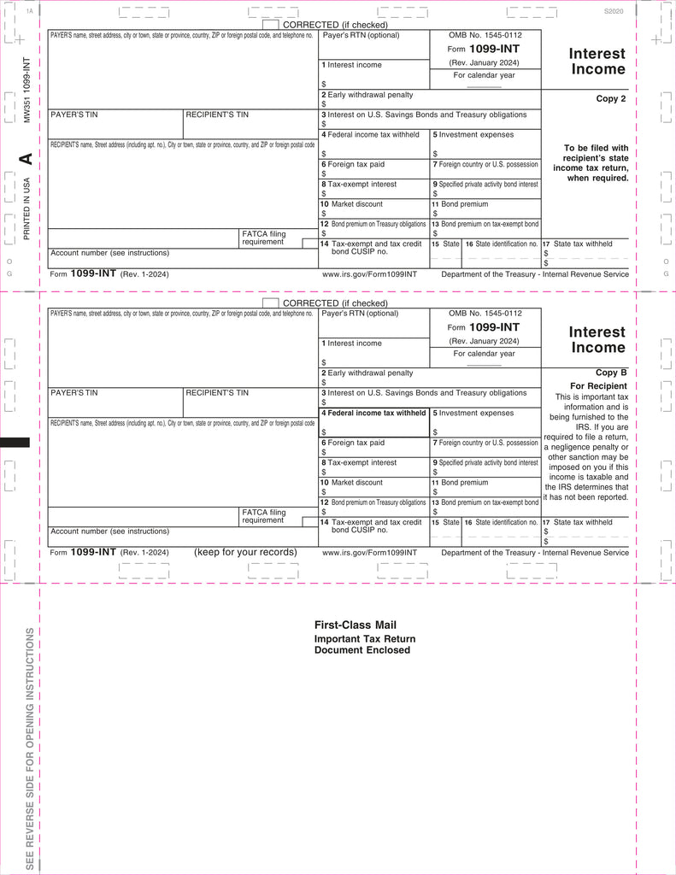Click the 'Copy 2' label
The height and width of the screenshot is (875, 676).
[611, 99]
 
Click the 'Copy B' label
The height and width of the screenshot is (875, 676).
[611, 373]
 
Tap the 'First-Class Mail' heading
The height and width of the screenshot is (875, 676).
[355, 625]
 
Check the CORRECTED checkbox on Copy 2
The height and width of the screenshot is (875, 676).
[270, 25]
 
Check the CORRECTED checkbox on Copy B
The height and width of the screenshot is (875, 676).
[270, 303]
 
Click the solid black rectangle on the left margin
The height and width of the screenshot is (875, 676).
[15, 442]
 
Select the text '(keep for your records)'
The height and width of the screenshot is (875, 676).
[245, 552]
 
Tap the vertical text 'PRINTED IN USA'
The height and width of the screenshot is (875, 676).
[26, 208]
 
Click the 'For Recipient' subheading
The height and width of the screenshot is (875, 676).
[599, 386]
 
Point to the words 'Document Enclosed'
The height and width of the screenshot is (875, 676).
[362, 650]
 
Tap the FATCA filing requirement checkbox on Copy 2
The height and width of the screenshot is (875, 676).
[310, 243]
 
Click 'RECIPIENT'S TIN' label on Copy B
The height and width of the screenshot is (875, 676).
[217, 393]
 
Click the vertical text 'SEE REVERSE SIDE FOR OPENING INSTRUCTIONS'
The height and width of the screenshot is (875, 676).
[30, 749]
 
